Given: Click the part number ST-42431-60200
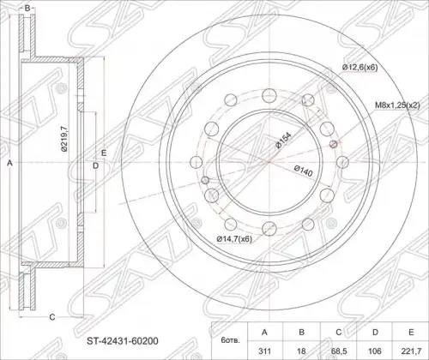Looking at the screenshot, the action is coord(123,341).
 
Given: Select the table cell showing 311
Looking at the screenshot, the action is coord(264,351).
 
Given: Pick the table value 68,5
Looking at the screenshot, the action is coord(339,351).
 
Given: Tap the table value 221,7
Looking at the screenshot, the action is coord(411,351).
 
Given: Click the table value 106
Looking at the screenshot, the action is coord(375,351).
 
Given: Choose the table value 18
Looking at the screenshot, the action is coord(301,351).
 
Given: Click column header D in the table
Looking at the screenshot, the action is coord(375,332).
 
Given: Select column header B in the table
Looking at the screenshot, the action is coord(301,332).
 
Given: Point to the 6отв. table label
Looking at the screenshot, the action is coord(230,340).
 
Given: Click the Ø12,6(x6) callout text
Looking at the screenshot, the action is coord(360,68).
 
